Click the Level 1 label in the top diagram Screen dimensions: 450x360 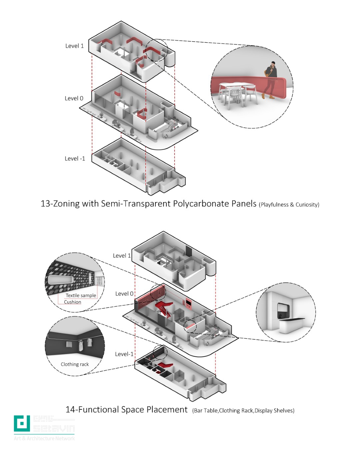pos(74,46)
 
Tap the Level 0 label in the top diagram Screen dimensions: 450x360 pos(74,98)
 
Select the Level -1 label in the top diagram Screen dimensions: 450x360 pos(75,159)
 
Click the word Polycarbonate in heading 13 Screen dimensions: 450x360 pos(201,203)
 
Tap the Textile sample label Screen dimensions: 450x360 pos(81,295)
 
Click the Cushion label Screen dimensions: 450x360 pos(72,302)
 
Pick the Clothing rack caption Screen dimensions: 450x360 pos(75,364)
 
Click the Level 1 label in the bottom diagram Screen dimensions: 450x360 pos(122,256)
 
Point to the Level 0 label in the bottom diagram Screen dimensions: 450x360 pos(124,294)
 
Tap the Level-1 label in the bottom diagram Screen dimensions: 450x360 pos(124,354)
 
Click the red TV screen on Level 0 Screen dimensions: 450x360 pos(188,305)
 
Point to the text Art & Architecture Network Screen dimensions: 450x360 pos(44,438)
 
